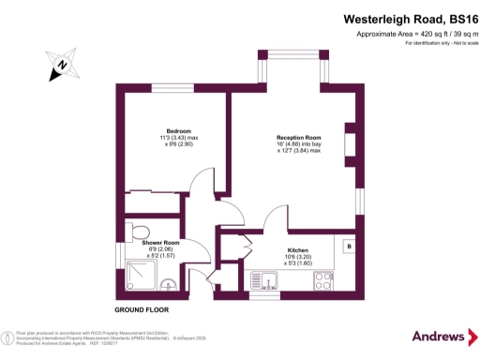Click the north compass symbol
click(59, 65)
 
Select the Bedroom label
click(179, 130)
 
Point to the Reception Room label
click(299, 138)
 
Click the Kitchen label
click(298, 250)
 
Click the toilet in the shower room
click(141, 232)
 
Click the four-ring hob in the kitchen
click(325, 278)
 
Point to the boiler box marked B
click(348, 247)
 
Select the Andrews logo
click(439, 336)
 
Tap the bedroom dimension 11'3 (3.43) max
click(179, 138)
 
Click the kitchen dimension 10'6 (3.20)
click(298, 257)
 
